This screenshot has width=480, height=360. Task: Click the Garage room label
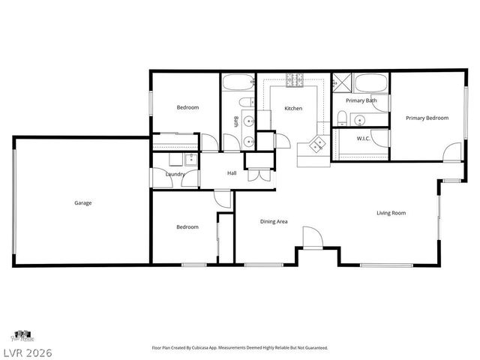(x=83, y=202)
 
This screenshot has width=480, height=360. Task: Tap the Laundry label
(x=175, y=175)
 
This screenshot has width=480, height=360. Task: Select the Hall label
(x=232, y=173)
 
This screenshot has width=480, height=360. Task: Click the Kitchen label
(x=293, y=109)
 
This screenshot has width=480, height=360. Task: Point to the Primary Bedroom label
(x=427, y=118)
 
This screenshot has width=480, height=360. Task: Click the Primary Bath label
(x=361, y=100)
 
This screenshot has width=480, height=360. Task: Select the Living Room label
(x=391, y=213)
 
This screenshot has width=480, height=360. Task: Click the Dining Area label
(x=274, y=221)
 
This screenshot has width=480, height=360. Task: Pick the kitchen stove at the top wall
(x=293, y=77)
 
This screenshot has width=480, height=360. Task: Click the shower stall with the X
(x=343, y=82)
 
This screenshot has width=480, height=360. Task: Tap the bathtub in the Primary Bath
(x=371, y=82)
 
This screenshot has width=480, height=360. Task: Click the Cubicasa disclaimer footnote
(x=239, y=348)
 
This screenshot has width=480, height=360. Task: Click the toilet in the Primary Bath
(x=342, y=116)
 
